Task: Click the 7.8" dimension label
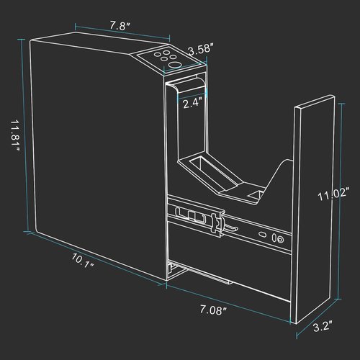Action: pos(120,26)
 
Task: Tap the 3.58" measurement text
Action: pos(199,50)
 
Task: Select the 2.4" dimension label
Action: pos(191,104)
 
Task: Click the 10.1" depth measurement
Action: pos(83,261)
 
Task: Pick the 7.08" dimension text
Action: pos(213,310)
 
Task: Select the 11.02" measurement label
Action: pos(333,194)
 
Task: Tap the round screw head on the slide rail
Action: pos(280,239)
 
